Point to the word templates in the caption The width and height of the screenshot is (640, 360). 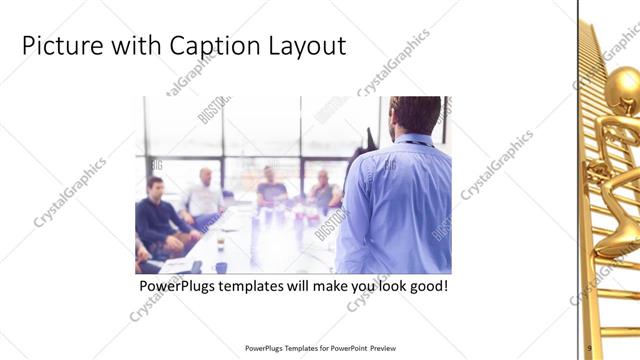click(x=256, y=286)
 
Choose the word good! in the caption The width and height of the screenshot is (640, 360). click(x=424, y=286)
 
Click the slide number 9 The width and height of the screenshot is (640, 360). click(x=590, y=348)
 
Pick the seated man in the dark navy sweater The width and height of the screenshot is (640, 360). click(x=157, y=215)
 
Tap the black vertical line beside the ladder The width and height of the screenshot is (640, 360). click(x=578, y=180)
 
